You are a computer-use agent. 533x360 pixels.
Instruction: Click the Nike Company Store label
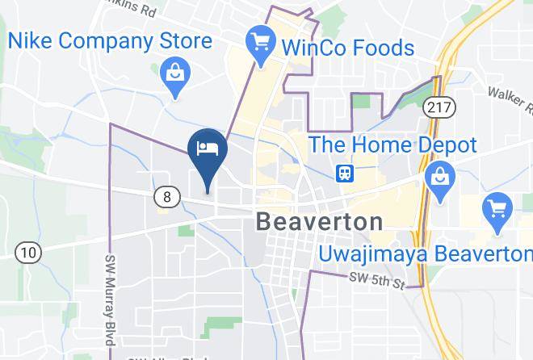(110, 40)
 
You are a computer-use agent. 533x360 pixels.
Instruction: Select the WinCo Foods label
(347, 47)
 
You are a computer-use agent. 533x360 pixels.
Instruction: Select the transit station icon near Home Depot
(345, 174)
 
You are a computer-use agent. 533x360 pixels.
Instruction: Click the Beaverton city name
(319, 221)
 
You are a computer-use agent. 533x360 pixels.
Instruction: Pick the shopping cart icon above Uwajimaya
(497, 209)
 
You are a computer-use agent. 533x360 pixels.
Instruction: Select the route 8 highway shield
(166, 196)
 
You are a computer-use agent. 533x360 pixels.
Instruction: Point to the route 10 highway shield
(28, 253)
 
